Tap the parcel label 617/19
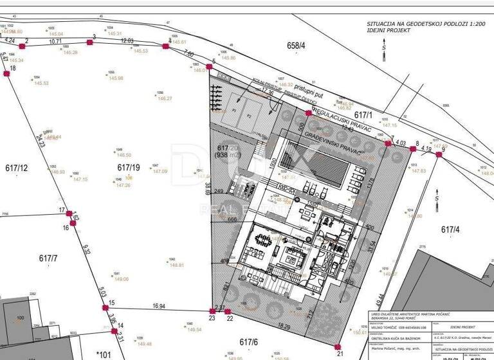128,167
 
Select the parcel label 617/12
16,168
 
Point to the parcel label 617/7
48,258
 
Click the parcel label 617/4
450,230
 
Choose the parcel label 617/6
248,342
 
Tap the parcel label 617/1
364,115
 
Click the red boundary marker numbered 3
90,43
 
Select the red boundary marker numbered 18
6,74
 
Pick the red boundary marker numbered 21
340,346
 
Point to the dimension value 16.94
160,306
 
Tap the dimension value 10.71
55,40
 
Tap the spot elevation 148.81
176,265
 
